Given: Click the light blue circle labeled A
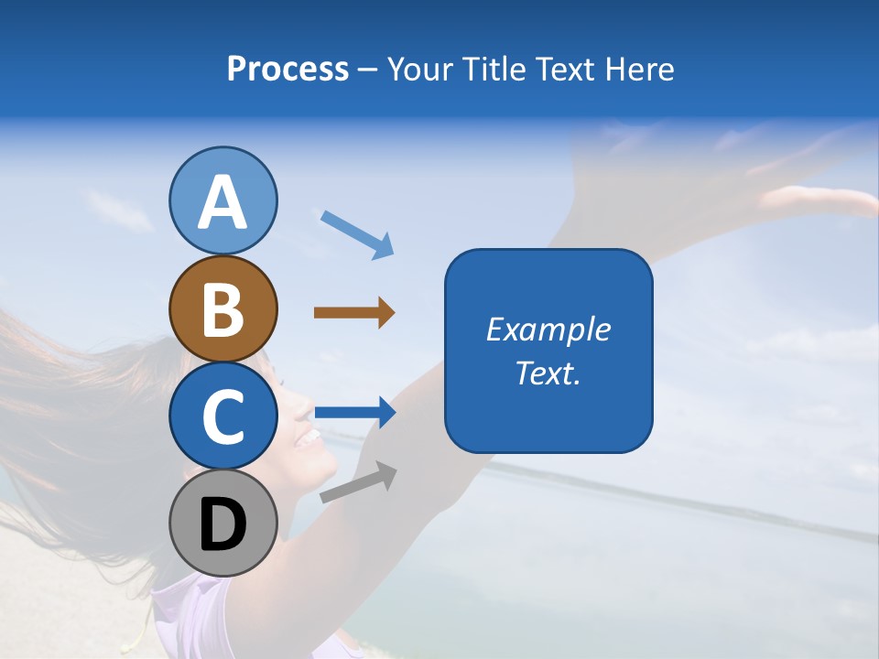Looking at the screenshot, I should point(222,200).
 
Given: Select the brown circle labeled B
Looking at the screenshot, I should point(222,308).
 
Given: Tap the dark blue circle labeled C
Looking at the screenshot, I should point(222,416).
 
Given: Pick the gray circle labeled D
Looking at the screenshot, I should point(222,523).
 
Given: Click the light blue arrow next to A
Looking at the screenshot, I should point(357,233).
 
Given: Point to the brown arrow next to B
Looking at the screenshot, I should point(354,313).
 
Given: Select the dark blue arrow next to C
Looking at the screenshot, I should point(354,412).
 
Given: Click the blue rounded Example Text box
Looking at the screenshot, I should point(548,351).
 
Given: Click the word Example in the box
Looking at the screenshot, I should point(548,329).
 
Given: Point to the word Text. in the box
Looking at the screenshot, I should point(548,373).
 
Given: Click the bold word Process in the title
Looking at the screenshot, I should point(288,69).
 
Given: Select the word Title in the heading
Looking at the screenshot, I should point(493,69).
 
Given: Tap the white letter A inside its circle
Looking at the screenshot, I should point(222,202).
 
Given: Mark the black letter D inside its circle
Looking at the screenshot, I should point(222,524).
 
